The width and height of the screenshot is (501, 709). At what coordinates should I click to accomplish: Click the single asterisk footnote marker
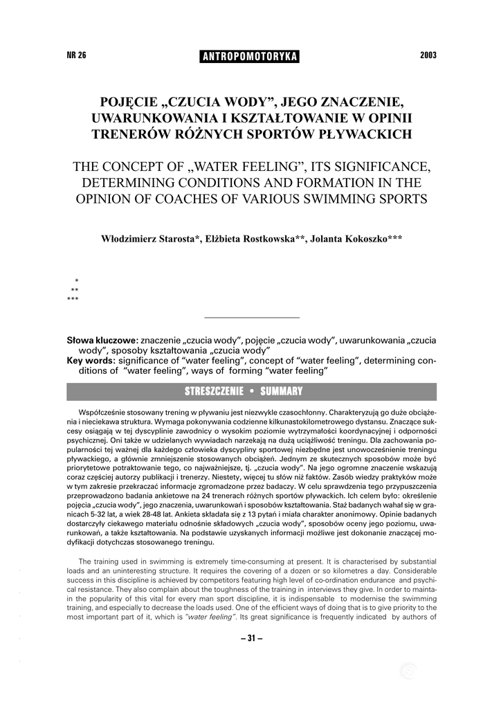click(76, 281)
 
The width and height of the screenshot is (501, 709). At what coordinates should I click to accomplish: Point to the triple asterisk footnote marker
click(73, 299)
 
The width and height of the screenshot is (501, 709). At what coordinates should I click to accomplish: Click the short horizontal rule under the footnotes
click(253, 317)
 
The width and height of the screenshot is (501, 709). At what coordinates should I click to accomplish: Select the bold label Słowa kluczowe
click(102, 341)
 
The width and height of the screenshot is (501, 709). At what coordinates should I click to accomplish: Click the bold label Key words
click(91, 361)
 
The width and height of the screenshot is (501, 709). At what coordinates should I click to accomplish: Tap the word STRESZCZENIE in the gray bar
click(213, 392)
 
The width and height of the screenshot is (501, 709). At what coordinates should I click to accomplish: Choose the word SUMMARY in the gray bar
click(281, 392)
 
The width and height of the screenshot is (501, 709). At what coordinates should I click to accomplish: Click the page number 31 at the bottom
click(251, 638)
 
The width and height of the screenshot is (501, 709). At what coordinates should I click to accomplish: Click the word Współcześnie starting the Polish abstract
click(102, 411)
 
